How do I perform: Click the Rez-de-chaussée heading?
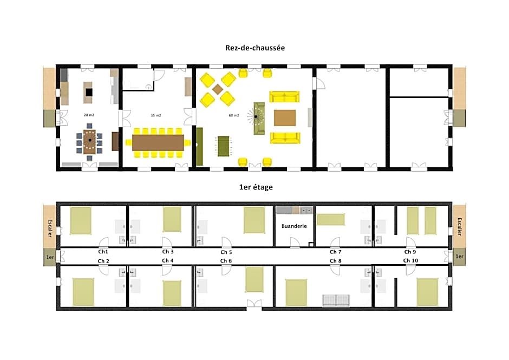255,48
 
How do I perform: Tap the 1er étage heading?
256,187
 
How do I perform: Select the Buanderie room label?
294,226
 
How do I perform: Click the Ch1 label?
103,252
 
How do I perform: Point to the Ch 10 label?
410,260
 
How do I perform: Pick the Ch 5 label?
226,252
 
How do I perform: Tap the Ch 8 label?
335,261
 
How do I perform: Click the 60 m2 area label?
234,115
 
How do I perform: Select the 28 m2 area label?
89,115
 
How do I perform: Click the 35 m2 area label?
156,115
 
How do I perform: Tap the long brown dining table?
158,142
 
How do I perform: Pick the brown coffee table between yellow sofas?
285,117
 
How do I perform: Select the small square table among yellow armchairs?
218,89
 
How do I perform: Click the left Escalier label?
50,228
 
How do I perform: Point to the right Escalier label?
459,226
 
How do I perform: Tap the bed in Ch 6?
254,279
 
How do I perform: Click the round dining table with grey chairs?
89,141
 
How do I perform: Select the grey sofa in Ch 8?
336,300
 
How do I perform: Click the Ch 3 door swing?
167,242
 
